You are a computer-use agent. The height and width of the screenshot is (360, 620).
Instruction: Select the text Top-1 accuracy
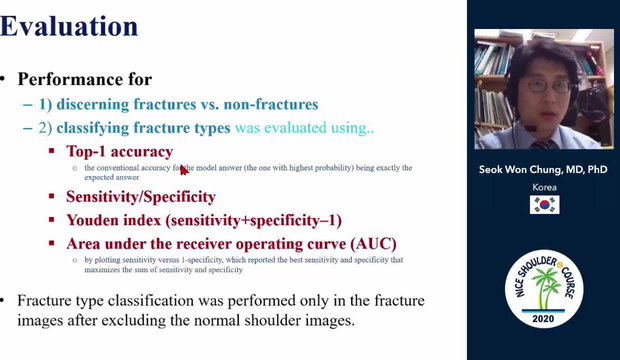pyautogui.click(x=119, y=151)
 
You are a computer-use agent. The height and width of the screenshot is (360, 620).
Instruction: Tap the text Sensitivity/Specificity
pyautogui.click(x=140, y=197)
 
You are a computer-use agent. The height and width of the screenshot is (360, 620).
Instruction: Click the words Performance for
pyautogui.click(x=85, y=78)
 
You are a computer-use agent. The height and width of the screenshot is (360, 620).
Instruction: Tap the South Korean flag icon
pyautogui.click(x=544, y=204)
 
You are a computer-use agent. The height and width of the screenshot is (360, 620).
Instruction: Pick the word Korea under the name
pyautogui.click(x=544, y=187)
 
